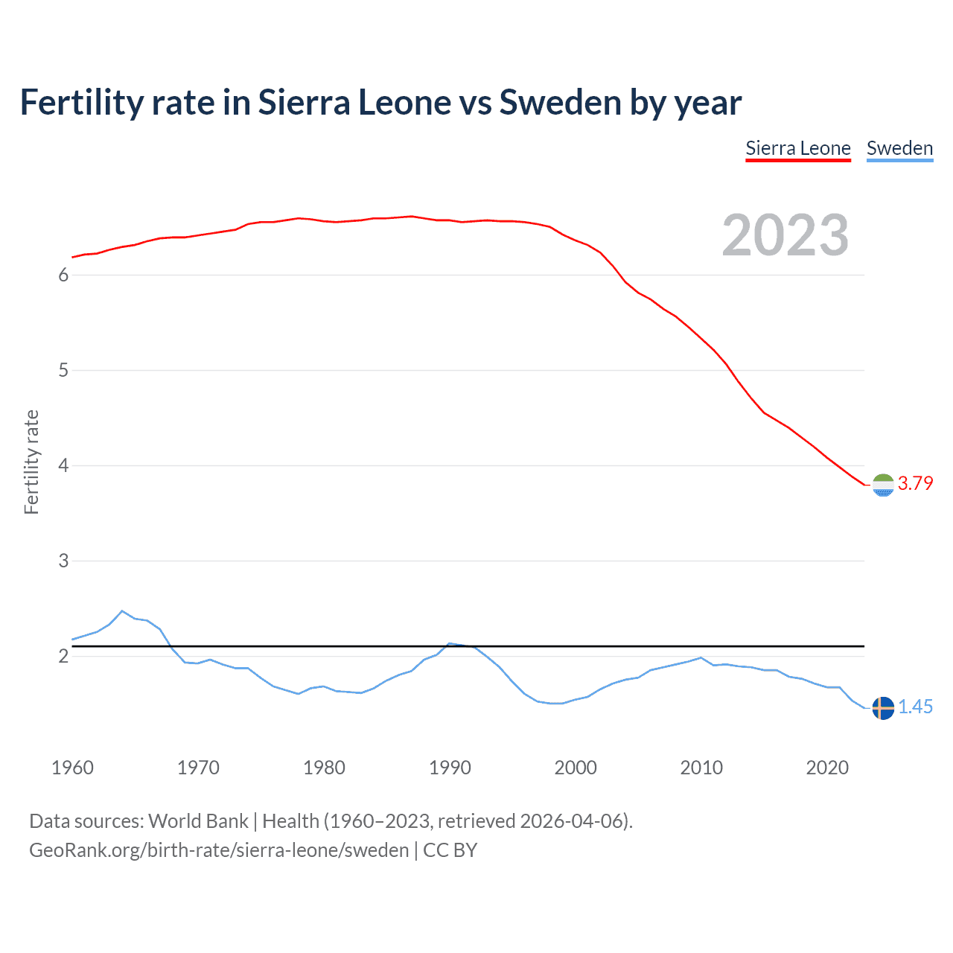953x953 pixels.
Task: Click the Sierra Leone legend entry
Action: pyautogui.click(x=797, y=148)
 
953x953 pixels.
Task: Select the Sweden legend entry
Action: pyautogui.click(x=899, y=148)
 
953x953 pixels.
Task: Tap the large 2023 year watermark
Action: pyautogui.click(x=785, y=235)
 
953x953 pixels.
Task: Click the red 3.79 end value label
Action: pyautogui.click(x=915, y=483)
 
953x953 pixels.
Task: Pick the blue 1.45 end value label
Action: pyautogui.click(x=915, y=707)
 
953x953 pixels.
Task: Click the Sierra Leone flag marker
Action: pyautogui.click(x=883, y=485)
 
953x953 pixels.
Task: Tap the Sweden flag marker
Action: pyautogui.click(x=883, y=707)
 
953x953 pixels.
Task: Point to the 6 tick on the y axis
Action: pyautogui.click(x=63, y=275)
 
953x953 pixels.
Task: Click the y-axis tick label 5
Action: pyautogui.click(x=63, y=371)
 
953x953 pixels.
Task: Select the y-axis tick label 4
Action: pyautogui.click(x=63, y=466)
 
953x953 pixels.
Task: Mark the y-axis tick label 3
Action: pyautogui.click(x=63, y=561)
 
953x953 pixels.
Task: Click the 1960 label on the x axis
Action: pyautogui.click(x=72, y=768)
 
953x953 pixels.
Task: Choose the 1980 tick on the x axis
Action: pyautogui.click(x=324, y=768)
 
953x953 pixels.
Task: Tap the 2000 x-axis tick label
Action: pyautogui.click(x=576, y=768)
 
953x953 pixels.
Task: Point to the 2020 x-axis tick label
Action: pyautogui.click(x=827, y=768)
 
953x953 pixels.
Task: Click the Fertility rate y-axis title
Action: pyautogui.click(x=31, y=462)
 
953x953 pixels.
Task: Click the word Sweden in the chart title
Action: pyautogui.click(x=560, y=103)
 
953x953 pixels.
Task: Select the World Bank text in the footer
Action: pyautogui.click(x=198, y=821)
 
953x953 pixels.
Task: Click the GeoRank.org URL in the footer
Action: pyautogui.click(x=219, y=850)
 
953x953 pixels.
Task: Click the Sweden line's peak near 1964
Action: pyautogui.click(x=122, y=611)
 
